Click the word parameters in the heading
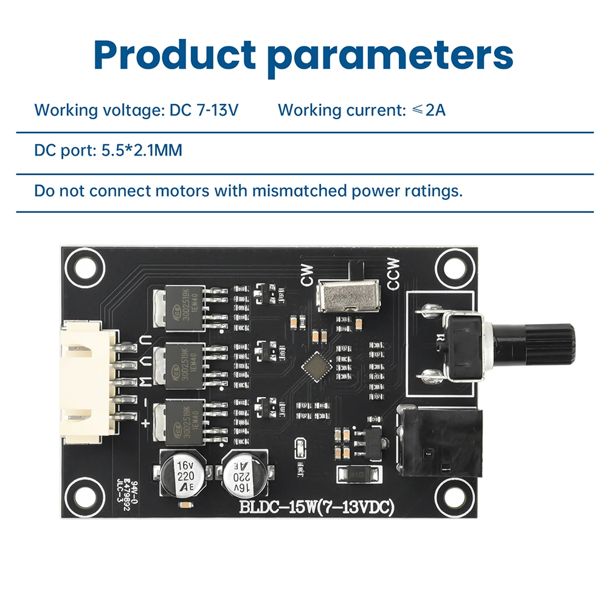click(390, 56)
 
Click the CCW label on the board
click(393, 274)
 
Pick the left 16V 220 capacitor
click(181, 473)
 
